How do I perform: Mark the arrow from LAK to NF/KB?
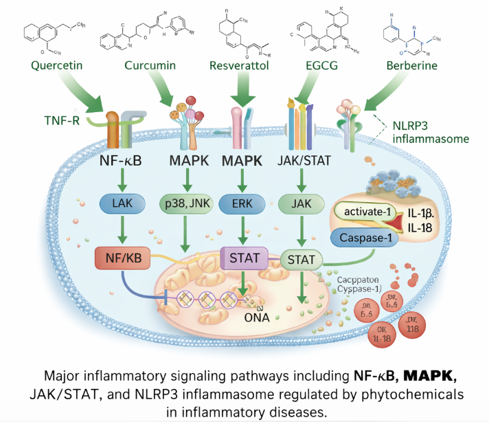click(x=121, y=230)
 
